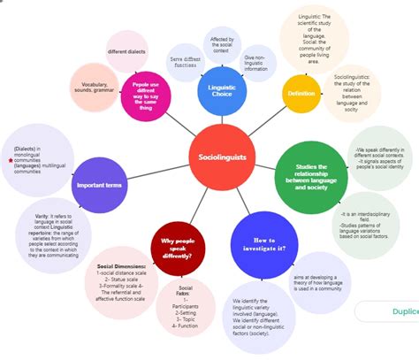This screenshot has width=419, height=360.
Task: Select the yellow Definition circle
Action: tap(301, 93)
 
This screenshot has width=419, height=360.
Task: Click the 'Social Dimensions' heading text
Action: tap(120, 265)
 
